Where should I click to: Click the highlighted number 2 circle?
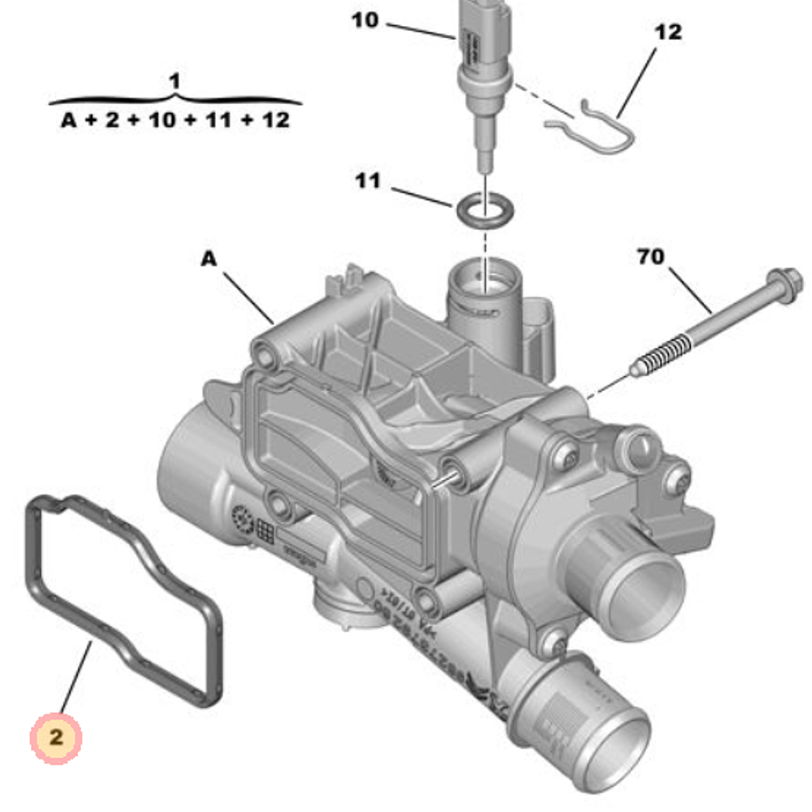[56, 737]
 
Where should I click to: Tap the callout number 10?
[365, 19]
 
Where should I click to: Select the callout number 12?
[667, 32]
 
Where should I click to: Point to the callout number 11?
[367, 180]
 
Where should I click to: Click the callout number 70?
[650, 257]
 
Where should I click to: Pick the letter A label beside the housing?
[209, 259]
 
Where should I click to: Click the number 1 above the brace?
[174, 81]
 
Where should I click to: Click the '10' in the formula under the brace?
[163, 121]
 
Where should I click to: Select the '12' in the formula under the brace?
[276, 121]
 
